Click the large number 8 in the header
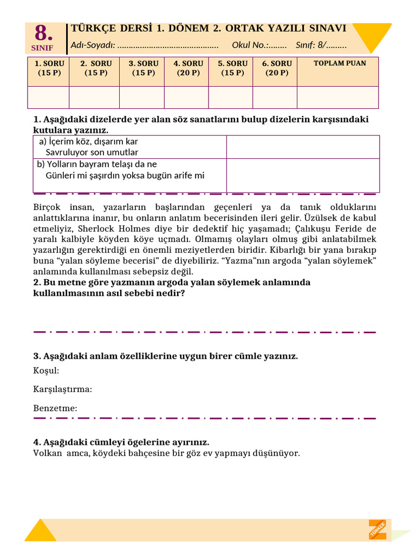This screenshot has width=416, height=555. [x=44, y=34]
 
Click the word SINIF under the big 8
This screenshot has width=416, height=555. [x=43, y=48]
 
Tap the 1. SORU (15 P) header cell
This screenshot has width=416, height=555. [x=49, y=68]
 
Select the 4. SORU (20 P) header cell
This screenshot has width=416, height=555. [x=188, y=68]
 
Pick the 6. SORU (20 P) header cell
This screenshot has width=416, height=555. [x=277, y=68]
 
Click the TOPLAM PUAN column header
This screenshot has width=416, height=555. [x=340, y=63]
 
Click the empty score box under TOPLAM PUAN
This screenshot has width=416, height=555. [x=337, y=98]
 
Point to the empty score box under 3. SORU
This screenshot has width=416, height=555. [x=141, y=98]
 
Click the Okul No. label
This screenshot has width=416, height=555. [x=251, y=45]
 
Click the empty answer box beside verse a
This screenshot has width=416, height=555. [x=303, y=147]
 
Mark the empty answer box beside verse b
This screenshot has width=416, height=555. [x=303, y=175]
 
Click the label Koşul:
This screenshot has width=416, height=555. [x=46, y=371]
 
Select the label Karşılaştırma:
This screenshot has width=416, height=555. [x=62, y=389]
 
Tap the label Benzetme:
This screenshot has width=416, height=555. [x=55, y=408]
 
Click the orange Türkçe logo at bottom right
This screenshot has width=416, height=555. [x=378, y=529]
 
